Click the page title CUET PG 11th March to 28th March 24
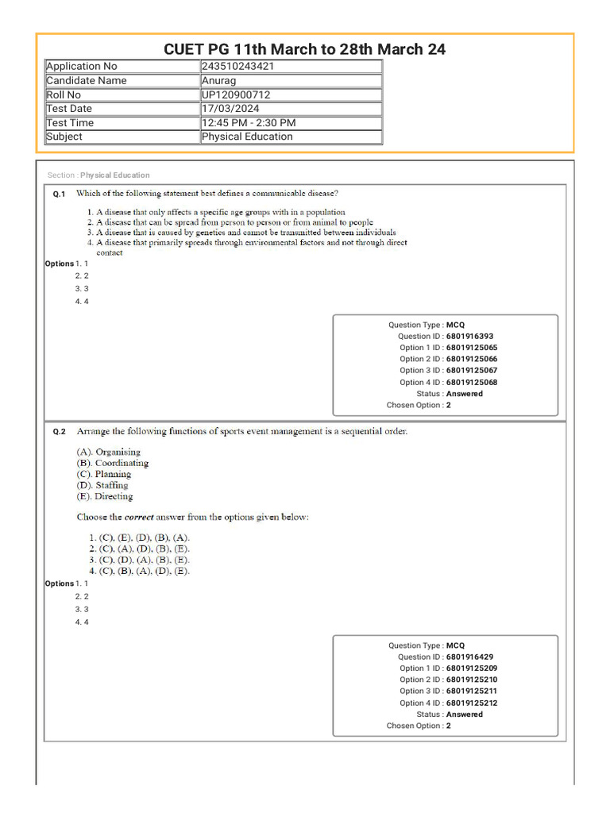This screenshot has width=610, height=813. coord(304,49)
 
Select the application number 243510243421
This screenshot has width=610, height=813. coord(238,67)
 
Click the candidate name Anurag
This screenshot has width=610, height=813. coord(219,81)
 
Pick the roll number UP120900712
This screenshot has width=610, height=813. coord(236,95)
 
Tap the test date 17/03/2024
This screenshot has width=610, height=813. coord(230,109)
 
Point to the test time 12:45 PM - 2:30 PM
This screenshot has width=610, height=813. coord(249,123)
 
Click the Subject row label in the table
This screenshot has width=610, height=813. coord(64,137)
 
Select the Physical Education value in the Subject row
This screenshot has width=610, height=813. coord(247,137)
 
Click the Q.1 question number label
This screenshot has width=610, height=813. coord(59,194)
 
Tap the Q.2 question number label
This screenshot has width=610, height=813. coord(59,433)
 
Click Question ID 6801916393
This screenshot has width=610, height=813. coord(469,337)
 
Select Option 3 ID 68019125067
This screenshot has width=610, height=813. coord(472,371)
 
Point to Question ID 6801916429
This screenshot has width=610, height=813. coord(469,657)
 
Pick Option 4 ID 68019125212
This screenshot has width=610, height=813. coord(472,703)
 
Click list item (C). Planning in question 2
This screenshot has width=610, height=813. coord(103,474)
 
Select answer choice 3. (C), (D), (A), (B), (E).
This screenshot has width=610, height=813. coord(139,559)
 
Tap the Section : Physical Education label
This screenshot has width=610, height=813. coord(98,175)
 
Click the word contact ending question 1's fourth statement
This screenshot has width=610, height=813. coord(110,252)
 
